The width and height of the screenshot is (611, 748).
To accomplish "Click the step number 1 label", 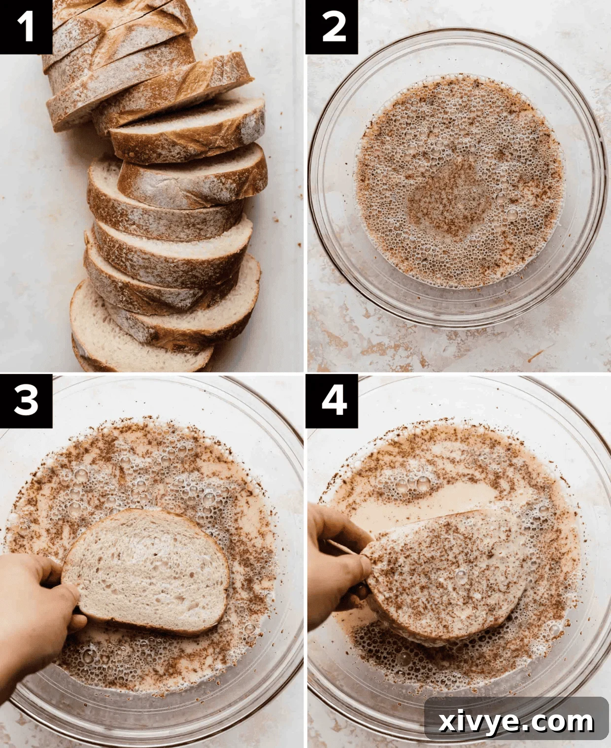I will (26, 26).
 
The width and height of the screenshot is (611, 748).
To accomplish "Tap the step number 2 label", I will (332, 26).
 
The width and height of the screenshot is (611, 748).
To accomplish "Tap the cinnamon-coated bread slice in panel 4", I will (443, 572).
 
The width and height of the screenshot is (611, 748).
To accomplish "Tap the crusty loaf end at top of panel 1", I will (118, 25).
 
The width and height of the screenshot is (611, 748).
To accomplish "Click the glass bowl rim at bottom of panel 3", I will (148, 730).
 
